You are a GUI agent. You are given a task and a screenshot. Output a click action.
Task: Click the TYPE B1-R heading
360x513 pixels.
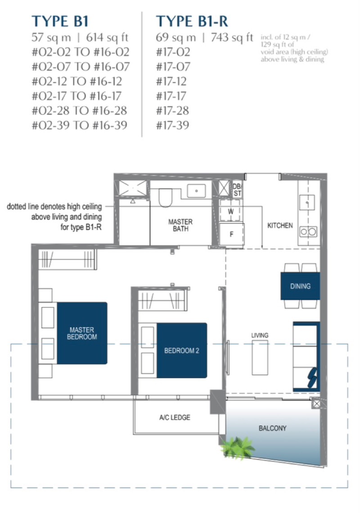click(x=192, y=21)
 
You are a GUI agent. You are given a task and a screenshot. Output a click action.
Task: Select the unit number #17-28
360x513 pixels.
click(x=172, y=111)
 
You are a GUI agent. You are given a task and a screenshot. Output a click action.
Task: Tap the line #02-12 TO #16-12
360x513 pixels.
click(x=77, y=81)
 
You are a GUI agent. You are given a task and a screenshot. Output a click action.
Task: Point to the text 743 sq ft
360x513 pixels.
click(x=232, y=37)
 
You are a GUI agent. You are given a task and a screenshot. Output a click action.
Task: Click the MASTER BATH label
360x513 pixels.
click(x=180, y=225)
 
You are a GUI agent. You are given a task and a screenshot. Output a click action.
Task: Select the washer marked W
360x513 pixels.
click(x=231, y=211)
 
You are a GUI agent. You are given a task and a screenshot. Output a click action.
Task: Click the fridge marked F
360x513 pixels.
click(x=231, y=234)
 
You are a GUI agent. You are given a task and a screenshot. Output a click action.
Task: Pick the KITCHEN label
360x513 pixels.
click(x=280, y=225)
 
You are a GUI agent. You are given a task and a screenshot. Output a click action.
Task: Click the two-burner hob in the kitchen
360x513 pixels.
click(x=308, y=232)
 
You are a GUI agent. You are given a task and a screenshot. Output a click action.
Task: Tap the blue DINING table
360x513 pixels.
click(x=300, y=286)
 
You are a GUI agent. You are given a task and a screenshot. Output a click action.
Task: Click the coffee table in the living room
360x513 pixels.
click(x=260, y=357)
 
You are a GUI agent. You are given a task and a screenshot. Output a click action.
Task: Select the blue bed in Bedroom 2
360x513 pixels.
click(x=182, y=350)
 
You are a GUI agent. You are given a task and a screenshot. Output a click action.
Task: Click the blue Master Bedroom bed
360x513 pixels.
click(x=82, y=333)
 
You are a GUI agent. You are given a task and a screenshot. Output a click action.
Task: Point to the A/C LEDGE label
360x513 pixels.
click(x=175, y=418)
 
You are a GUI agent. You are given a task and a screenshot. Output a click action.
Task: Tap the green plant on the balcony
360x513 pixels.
click(x=237, y=447)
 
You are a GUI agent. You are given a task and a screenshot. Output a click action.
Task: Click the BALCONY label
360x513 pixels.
click(x=272, y=428)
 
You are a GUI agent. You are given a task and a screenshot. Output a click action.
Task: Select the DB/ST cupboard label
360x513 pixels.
click(x=238, y=190)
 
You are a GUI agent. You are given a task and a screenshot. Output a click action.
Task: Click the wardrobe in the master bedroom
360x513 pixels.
click(x=67, y=259)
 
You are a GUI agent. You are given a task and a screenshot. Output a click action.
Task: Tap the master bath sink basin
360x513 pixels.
click(x=196, y=191)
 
